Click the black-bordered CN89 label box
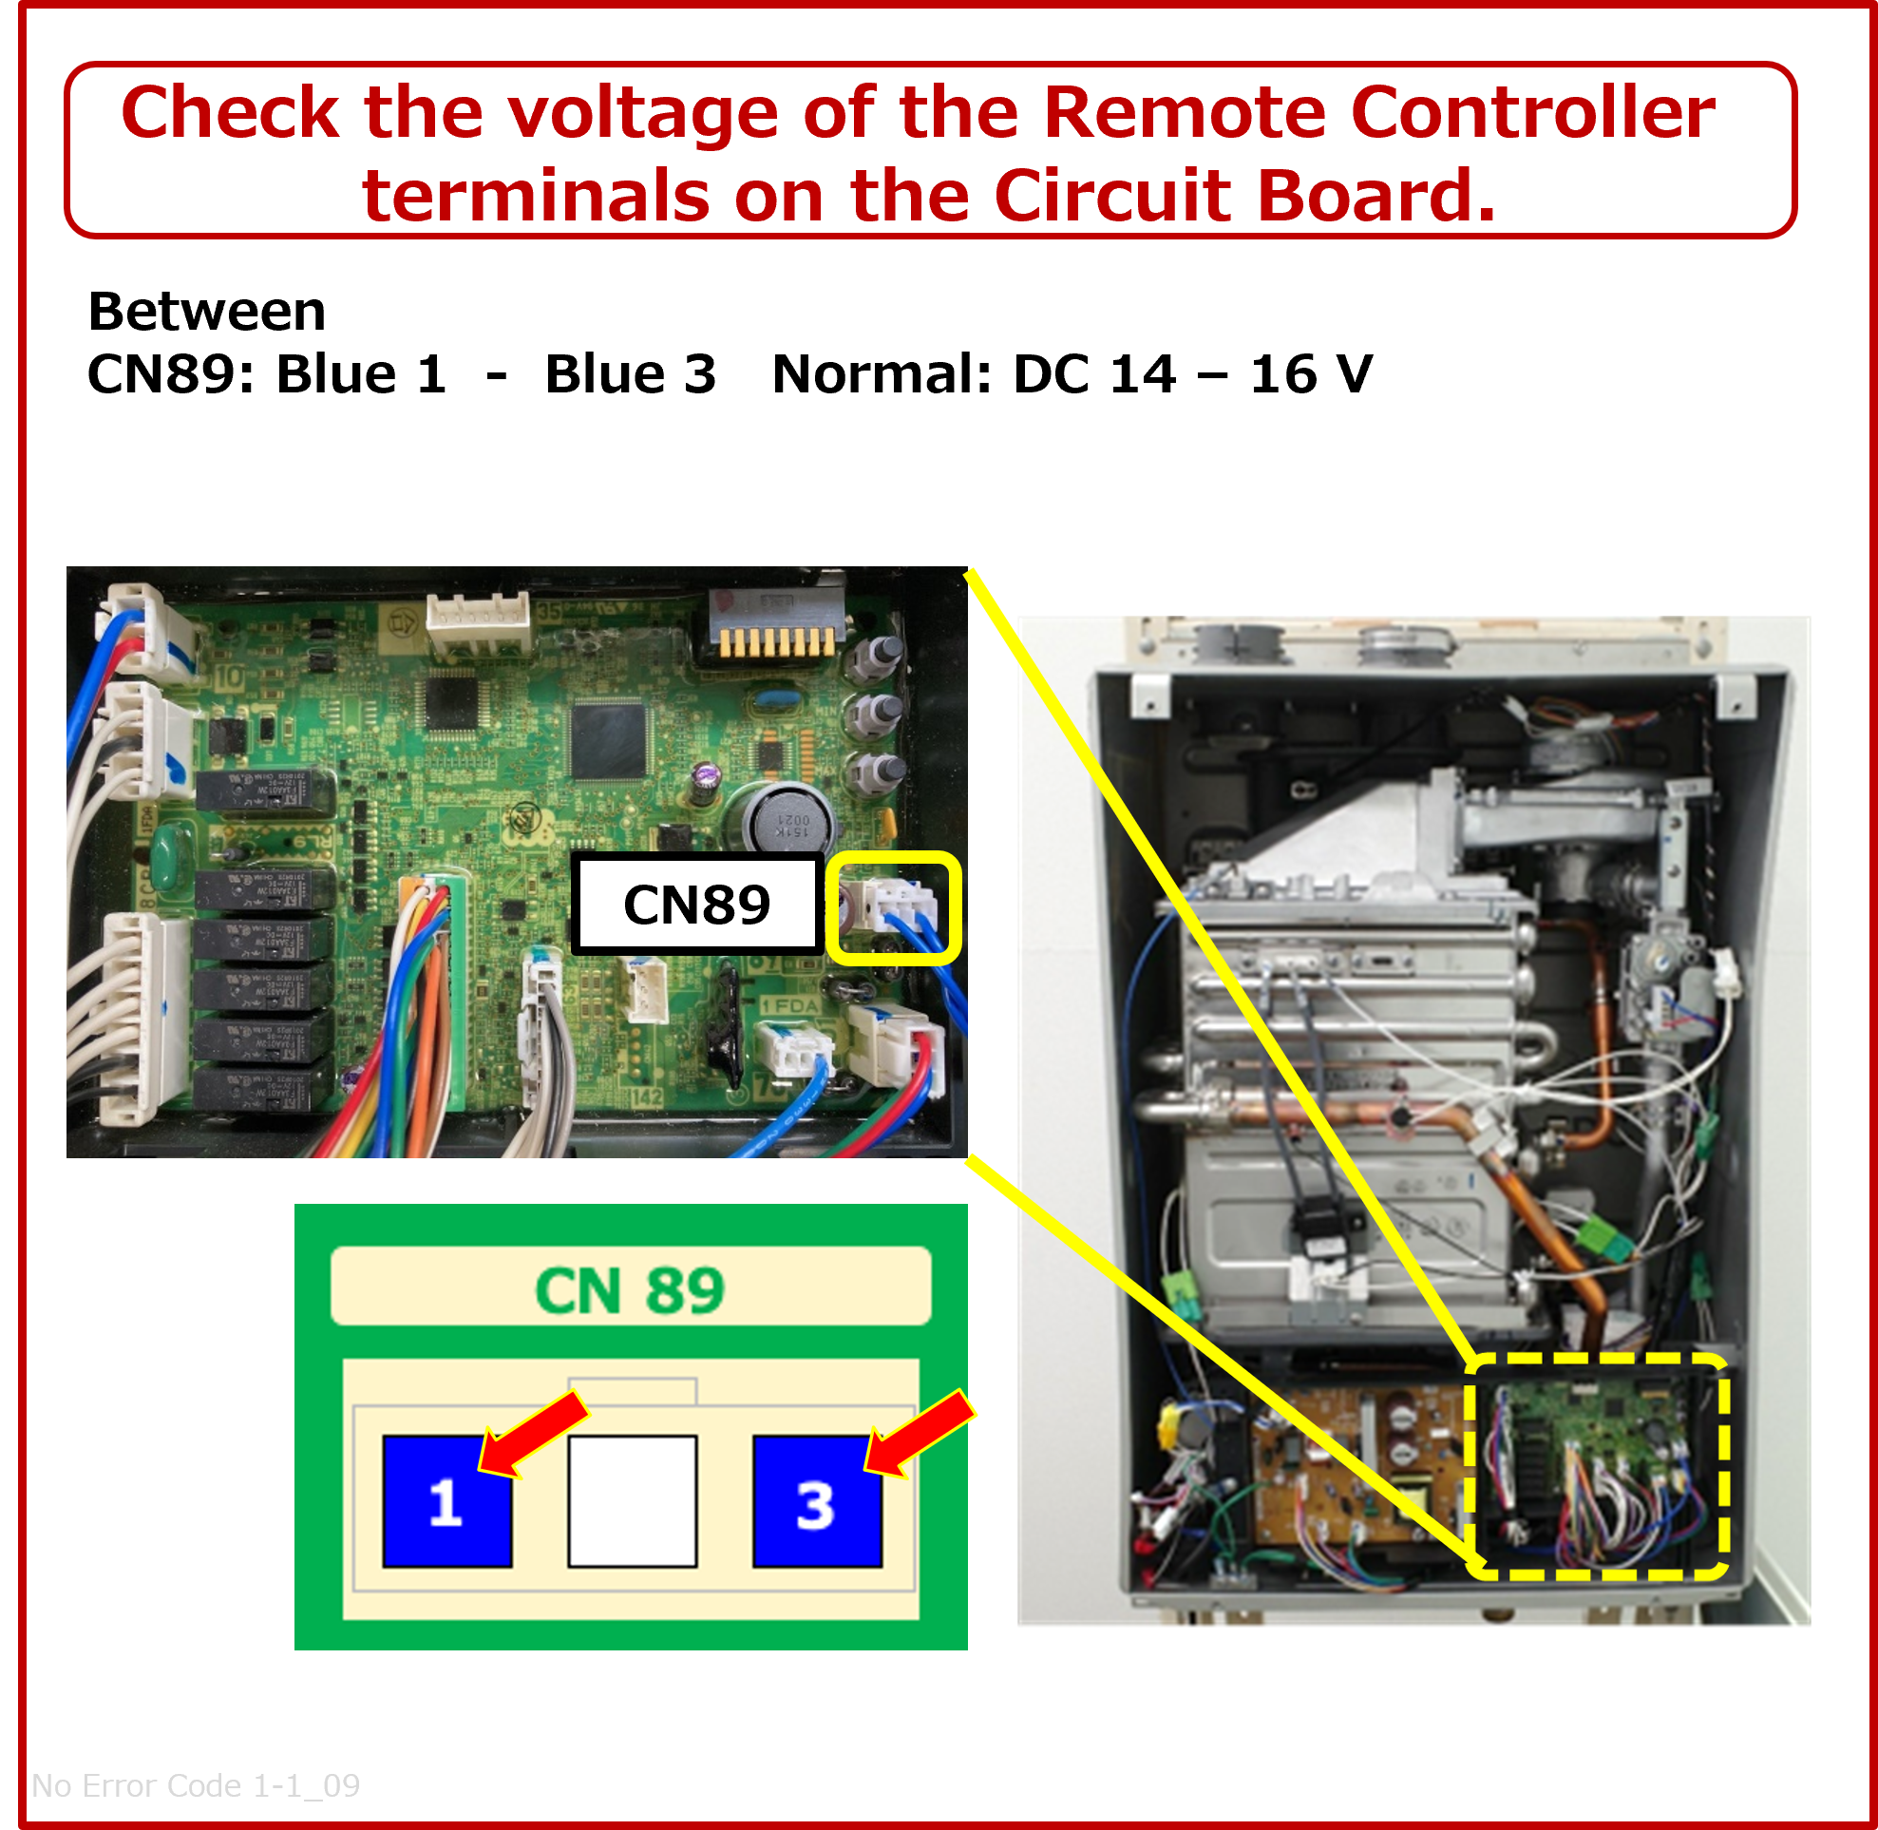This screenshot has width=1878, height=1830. [697, 905]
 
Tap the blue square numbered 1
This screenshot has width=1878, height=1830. [446, 1501]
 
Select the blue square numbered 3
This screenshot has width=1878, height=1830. [817, 1501]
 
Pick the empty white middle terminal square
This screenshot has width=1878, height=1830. [633, 1501]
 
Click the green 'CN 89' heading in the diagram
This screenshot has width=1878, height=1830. [630, 1290]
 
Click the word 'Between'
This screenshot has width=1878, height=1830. [208, 312]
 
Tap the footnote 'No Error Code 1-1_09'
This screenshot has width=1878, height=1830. [196, 1784]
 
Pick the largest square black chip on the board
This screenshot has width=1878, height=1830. [608, 741]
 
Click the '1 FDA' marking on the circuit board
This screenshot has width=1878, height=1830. [790, 1005]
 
